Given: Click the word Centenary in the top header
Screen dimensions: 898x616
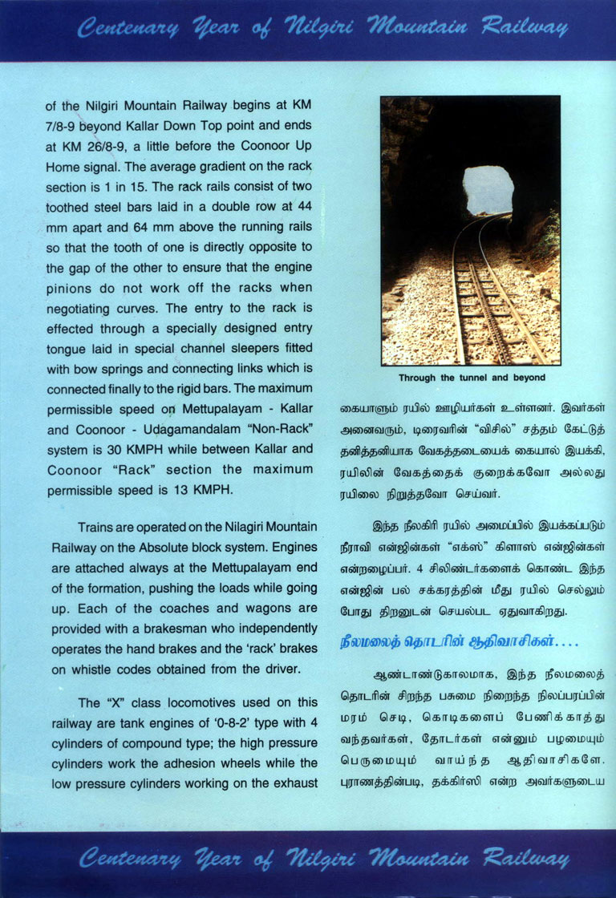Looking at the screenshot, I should click(128, 30).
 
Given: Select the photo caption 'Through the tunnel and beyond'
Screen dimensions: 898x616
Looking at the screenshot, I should click(471, 377).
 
